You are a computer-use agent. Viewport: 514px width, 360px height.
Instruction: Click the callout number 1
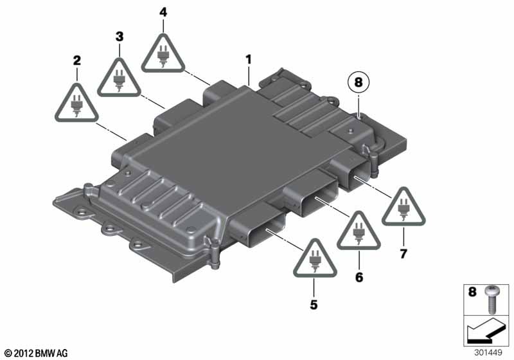(x=248, y=60)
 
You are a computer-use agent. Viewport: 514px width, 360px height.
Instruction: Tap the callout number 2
(x=76, y=61)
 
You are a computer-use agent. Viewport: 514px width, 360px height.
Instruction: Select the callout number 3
(x=119, y=37)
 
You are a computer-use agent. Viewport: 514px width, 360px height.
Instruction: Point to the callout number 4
(x=163, y=12)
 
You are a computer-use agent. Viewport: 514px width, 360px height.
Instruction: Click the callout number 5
(x=314, y=305)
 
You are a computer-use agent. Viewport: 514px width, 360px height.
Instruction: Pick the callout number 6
(x=359, y=277)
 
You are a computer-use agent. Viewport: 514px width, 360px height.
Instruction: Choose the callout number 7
(x=403, y=254)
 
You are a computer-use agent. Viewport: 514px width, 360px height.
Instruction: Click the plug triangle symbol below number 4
(x=163, y=53)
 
